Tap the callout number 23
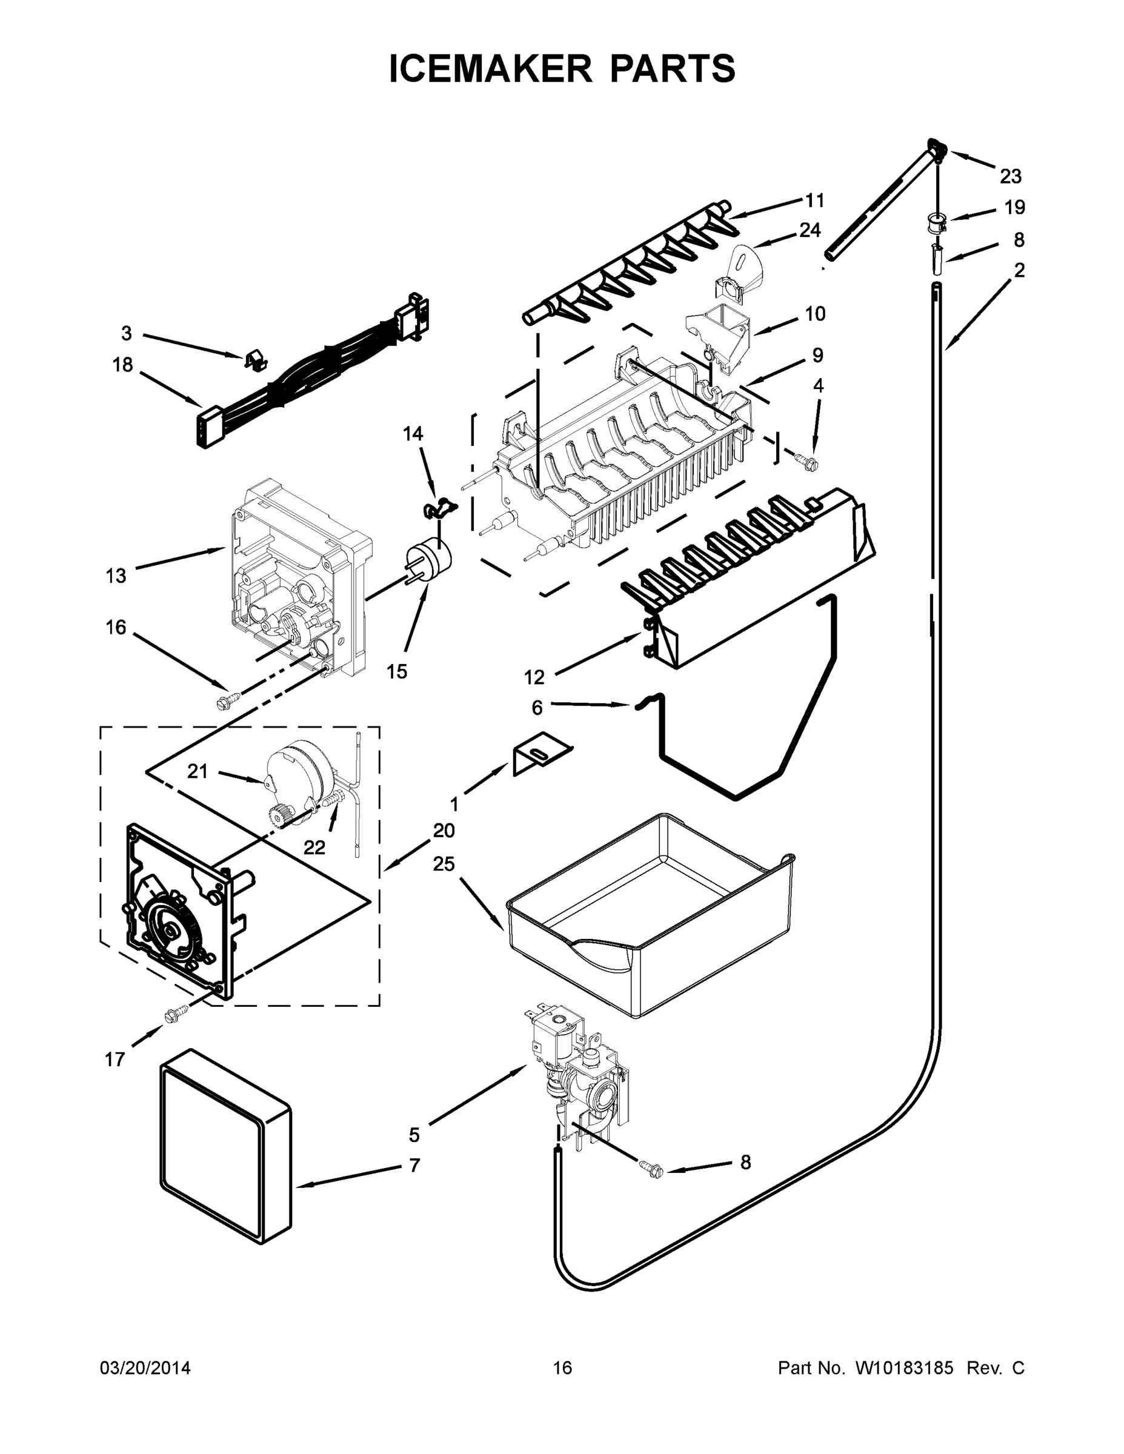pyautogui.click(x=1010, y=176)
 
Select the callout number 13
pyautogui.click(x=116, y=575)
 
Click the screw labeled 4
pyautogui.click(x=808, y=459)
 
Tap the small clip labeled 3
pyautogui.click(x=254, y=360)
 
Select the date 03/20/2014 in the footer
pyautogui.click(x=145, y=1367)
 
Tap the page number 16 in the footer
pyautogui.click(x=563, y=1367)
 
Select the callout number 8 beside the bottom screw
pyautogui.click(x=745, y=1163)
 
